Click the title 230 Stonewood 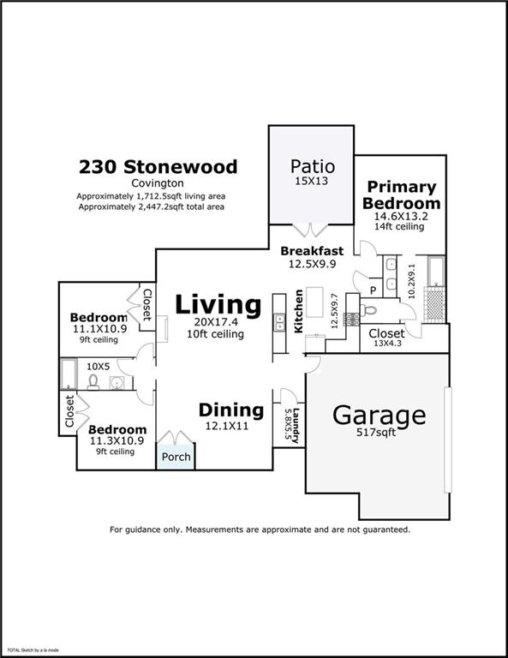click(158, 166)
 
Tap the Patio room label click(312, 165)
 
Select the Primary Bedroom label click(401, 194)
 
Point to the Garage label click(379, 415)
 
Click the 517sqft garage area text click(379, 434)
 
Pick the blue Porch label click(176, 456)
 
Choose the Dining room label click(230, 410)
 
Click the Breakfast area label click(312, 251)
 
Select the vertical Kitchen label click(299, 311)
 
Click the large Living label click(218, 304)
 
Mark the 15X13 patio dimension click(312, 182)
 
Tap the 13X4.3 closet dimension click(385, 344)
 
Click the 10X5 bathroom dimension click(99, 365)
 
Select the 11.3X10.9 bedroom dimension click(117, 441)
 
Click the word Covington click(158, 183)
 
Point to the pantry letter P click(374, 290)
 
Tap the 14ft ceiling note click(399, 226)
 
